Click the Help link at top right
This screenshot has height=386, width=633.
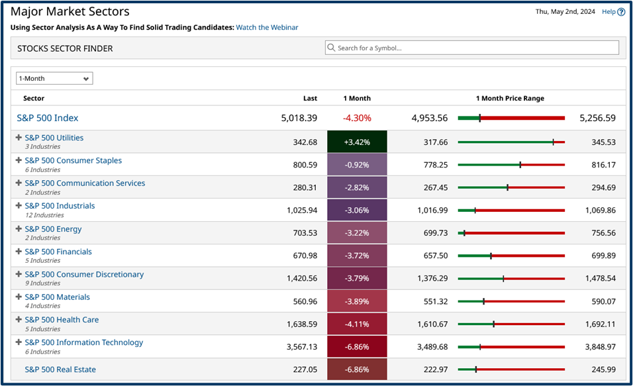click(x=612, y=11)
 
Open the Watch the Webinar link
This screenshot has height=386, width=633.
click(x=267, y=27)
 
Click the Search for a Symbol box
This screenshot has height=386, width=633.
click(x=472, y=48)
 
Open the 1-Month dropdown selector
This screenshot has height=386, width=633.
click(x=54, y=78)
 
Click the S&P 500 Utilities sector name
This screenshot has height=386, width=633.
click(x=54, y=138)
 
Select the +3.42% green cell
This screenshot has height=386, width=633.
click(x=357, y=142)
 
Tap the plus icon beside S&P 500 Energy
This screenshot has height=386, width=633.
click(x=19, y=229)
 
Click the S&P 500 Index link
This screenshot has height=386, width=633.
click(x=48, y=118)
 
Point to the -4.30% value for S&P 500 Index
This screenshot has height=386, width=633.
click(x=357, y=118)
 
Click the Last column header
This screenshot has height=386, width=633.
click(x=310, y=98)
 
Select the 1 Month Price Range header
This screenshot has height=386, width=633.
click(x=510, y=98)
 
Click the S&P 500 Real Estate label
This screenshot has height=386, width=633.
click(x=60, y=369)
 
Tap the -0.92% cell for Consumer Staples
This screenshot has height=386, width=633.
click(x=357, y=165)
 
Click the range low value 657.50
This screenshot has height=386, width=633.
click(x=435, y=256)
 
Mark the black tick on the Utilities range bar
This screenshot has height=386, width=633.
click(x=554, y=142)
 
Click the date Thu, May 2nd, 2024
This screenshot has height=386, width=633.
click(x=565, y=11)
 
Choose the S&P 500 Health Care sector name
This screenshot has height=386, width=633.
click(x=62, y=320)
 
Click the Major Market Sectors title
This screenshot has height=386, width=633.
click(x=70, y=11)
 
